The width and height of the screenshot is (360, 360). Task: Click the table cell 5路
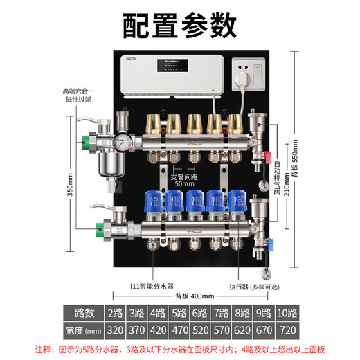pos(179,313)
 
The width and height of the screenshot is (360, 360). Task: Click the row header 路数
pos(82,313)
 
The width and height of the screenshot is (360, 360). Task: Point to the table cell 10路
pos(287,313)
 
